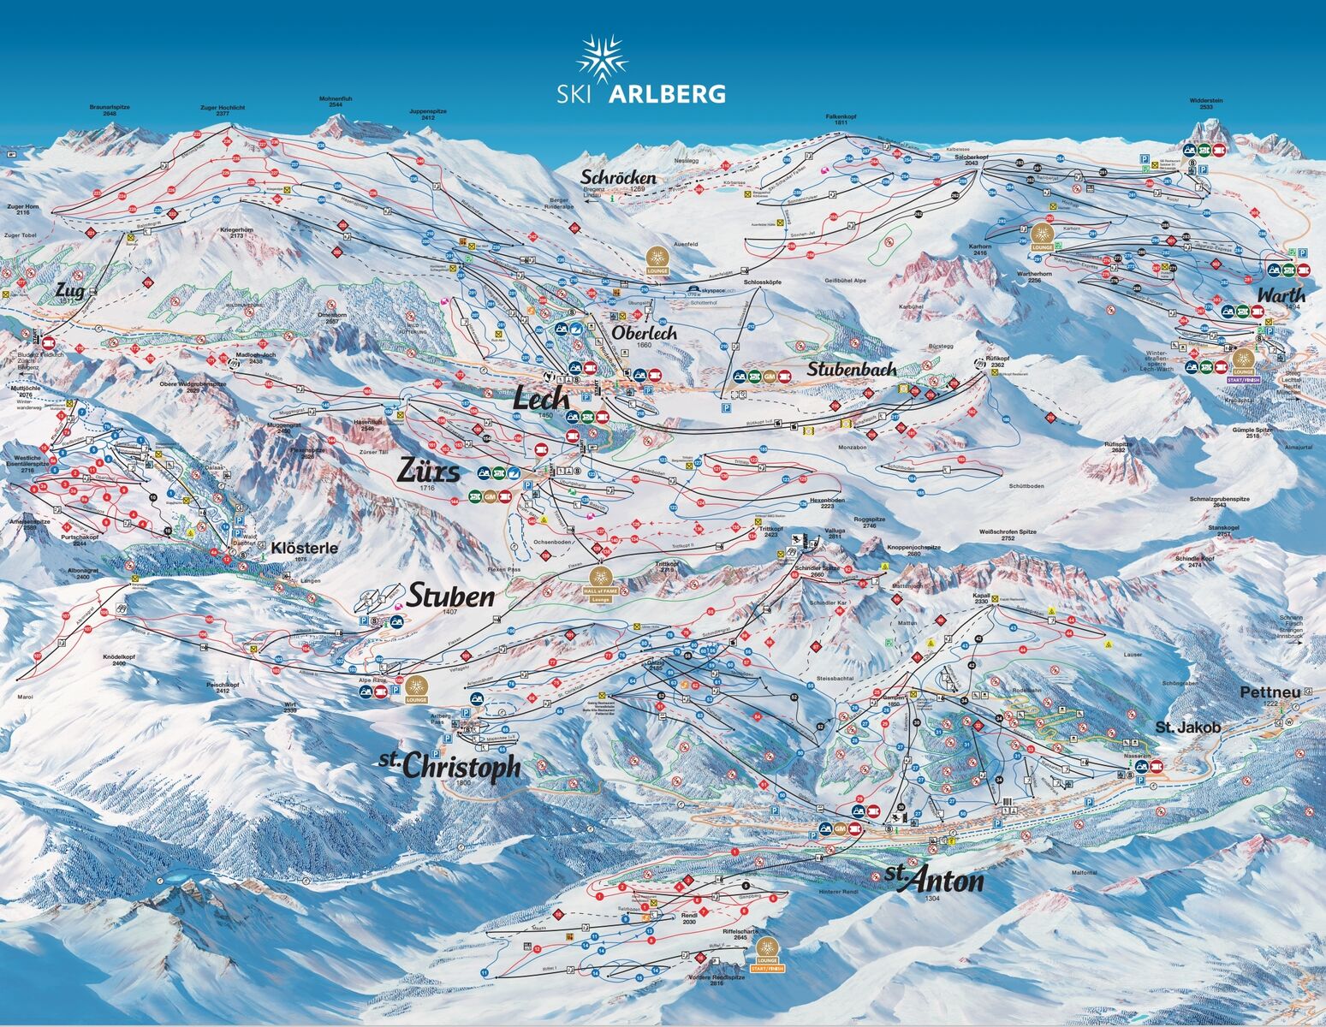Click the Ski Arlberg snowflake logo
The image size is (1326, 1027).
coord(602,59)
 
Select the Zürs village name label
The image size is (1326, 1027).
coord(429,471)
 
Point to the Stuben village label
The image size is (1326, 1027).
coord(450,596)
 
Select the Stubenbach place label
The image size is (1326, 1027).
coord(853,369)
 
